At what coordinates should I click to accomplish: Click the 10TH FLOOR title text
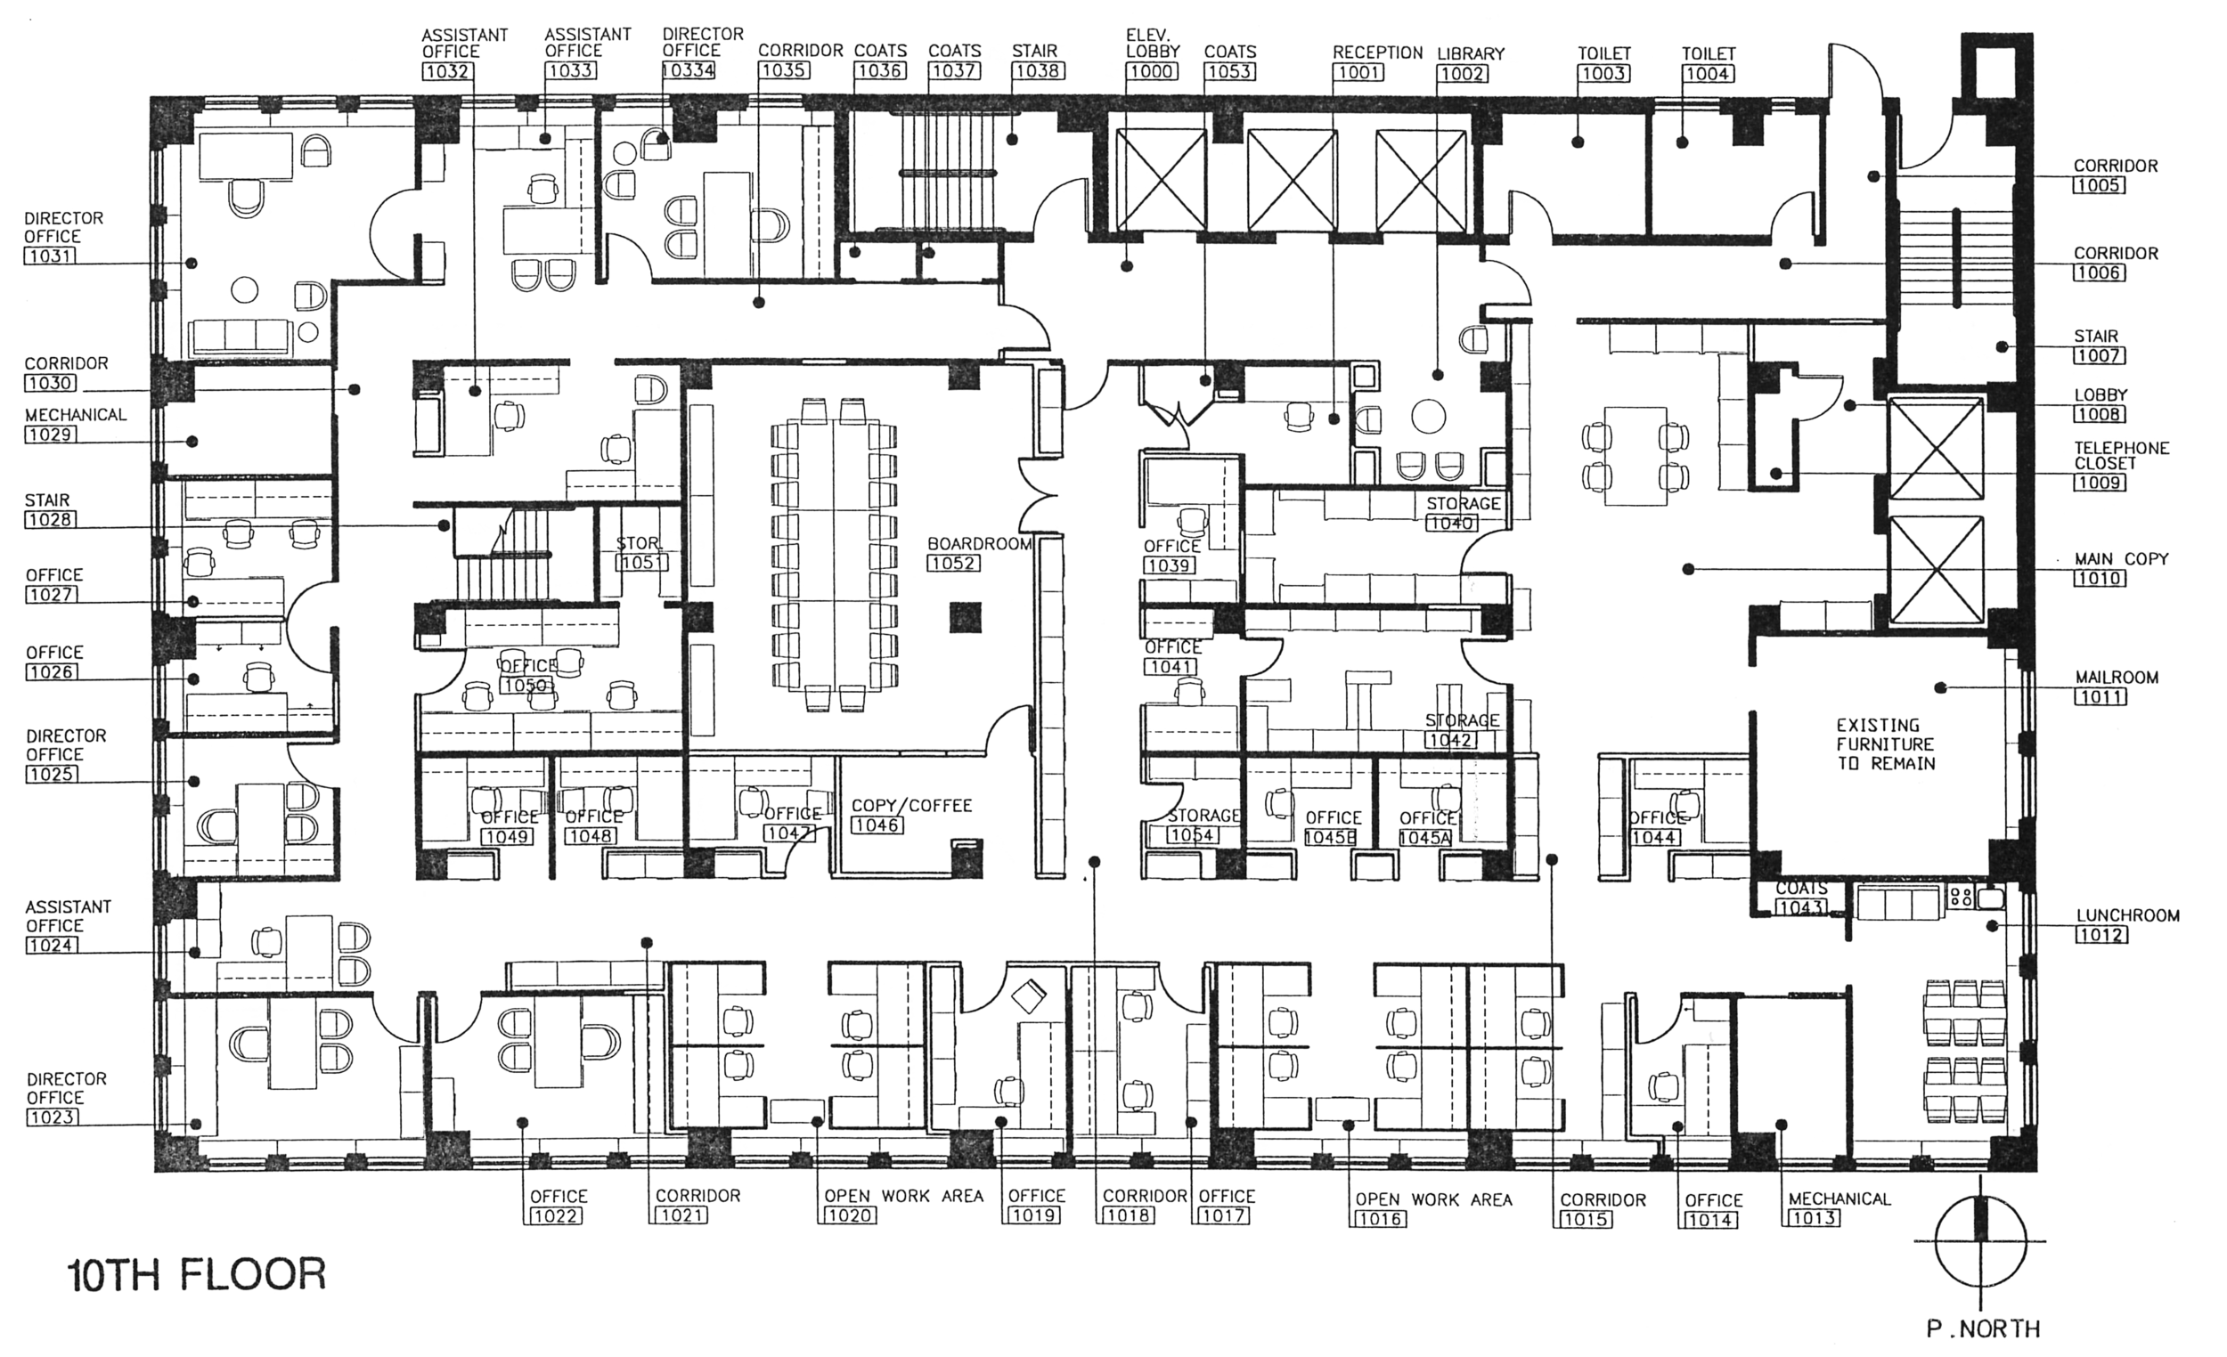197,1275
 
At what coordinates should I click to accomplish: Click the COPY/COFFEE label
911,805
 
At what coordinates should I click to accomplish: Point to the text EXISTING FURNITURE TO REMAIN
1884,744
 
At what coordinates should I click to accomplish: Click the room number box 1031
51,256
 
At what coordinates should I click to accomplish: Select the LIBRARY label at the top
1471,54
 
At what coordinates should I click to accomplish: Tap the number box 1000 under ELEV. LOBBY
1152,71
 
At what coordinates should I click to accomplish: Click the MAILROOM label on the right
2117,677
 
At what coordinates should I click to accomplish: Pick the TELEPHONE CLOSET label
2119,455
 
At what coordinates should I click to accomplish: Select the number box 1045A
1424,839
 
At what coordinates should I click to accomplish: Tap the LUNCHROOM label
2127,915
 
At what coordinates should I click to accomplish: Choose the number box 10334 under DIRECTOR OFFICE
689,70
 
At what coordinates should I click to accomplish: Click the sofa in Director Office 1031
241,336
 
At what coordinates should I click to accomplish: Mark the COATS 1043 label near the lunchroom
1801,898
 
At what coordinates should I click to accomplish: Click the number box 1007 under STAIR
2099,355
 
